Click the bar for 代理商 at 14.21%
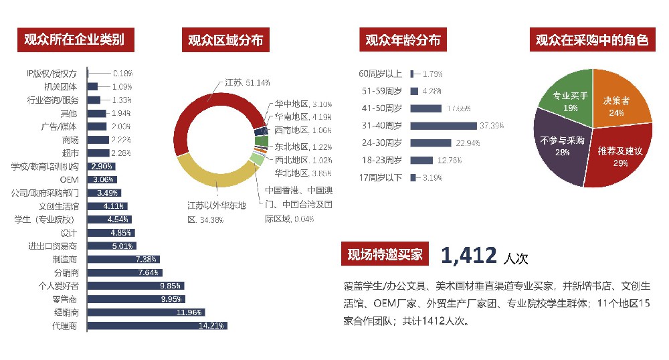tap(157, 326)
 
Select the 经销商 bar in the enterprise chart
tap(146, 312)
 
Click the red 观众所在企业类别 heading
tap(74, 39)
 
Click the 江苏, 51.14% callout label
tap(247, 82)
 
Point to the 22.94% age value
tap(468, 143)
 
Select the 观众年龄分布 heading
tap(403, 40)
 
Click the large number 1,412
tap(468, 255)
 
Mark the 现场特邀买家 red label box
tap(385, 254)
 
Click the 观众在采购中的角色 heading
tap(592, 40)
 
